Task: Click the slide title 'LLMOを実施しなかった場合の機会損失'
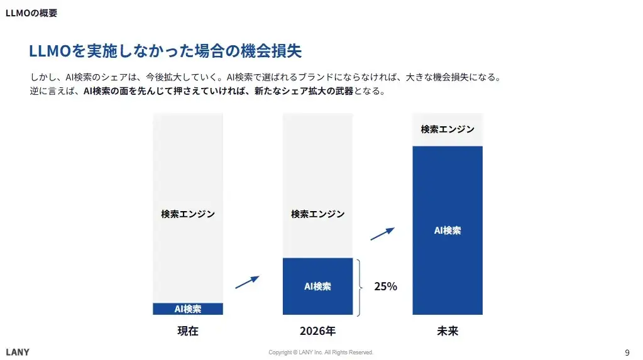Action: point(169,51)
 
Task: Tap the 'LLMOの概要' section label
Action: point(31,13)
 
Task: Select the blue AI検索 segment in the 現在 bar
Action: point(188,308)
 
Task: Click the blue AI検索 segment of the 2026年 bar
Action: point(317,286)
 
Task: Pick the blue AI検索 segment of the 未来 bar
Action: point(448,230)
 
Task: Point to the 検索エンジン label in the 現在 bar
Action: point(188,214)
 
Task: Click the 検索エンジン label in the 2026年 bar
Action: point(317,214)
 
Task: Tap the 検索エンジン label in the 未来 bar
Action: point(448,129)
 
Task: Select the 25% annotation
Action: point(385,286)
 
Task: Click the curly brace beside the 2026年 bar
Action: point(360,286)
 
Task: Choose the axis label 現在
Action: point(188,331)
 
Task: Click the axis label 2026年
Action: point(317,331)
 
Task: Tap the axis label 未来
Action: point(448,331)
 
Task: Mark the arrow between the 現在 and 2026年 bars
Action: point(247,282)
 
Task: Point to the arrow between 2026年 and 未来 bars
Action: point(382,234)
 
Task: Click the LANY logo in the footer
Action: point(18,352)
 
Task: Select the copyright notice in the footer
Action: point(321,352)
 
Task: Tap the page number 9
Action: point(627,352)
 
